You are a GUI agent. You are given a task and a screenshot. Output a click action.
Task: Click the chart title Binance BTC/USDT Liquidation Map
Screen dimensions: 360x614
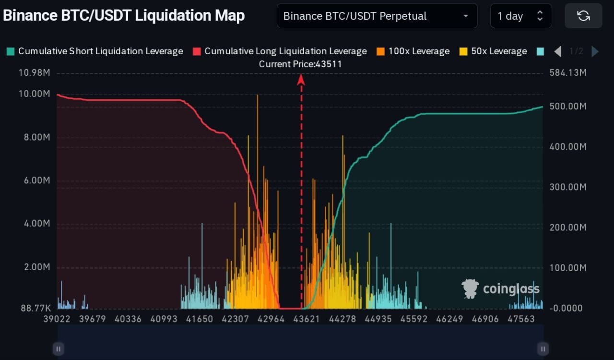point(124,15)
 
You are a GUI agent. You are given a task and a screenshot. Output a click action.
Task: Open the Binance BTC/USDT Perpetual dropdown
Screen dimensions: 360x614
point(377,16)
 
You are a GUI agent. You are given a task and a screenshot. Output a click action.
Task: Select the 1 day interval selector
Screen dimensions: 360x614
point(520,16)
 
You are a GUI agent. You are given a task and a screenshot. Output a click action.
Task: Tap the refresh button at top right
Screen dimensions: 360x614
point(583,16)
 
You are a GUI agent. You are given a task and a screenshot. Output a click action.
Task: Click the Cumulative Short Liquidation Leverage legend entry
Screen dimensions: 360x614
point(95,51)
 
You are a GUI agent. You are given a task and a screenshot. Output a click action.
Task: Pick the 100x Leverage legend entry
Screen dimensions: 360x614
point(413,51)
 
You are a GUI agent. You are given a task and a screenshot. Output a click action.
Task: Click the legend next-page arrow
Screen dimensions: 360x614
point(595,51)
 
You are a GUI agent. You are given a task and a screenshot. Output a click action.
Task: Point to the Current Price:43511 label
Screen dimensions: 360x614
point(300,64)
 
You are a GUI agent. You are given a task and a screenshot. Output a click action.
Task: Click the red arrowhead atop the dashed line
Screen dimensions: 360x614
point(301,79)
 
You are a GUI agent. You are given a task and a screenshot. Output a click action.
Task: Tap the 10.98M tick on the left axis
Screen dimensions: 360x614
point(34,73)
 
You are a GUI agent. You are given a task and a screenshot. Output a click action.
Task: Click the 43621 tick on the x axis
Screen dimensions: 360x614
point(306,319)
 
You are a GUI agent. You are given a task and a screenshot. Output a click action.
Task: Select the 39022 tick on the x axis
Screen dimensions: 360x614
point(57,319)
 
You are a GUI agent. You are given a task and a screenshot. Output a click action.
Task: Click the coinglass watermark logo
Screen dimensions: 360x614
point(500,288)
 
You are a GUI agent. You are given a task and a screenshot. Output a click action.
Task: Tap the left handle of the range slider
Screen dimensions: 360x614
point(58,349)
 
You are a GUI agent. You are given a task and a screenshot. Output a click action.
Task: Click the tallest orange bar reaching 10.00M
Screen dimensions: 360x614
point(258,144)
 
